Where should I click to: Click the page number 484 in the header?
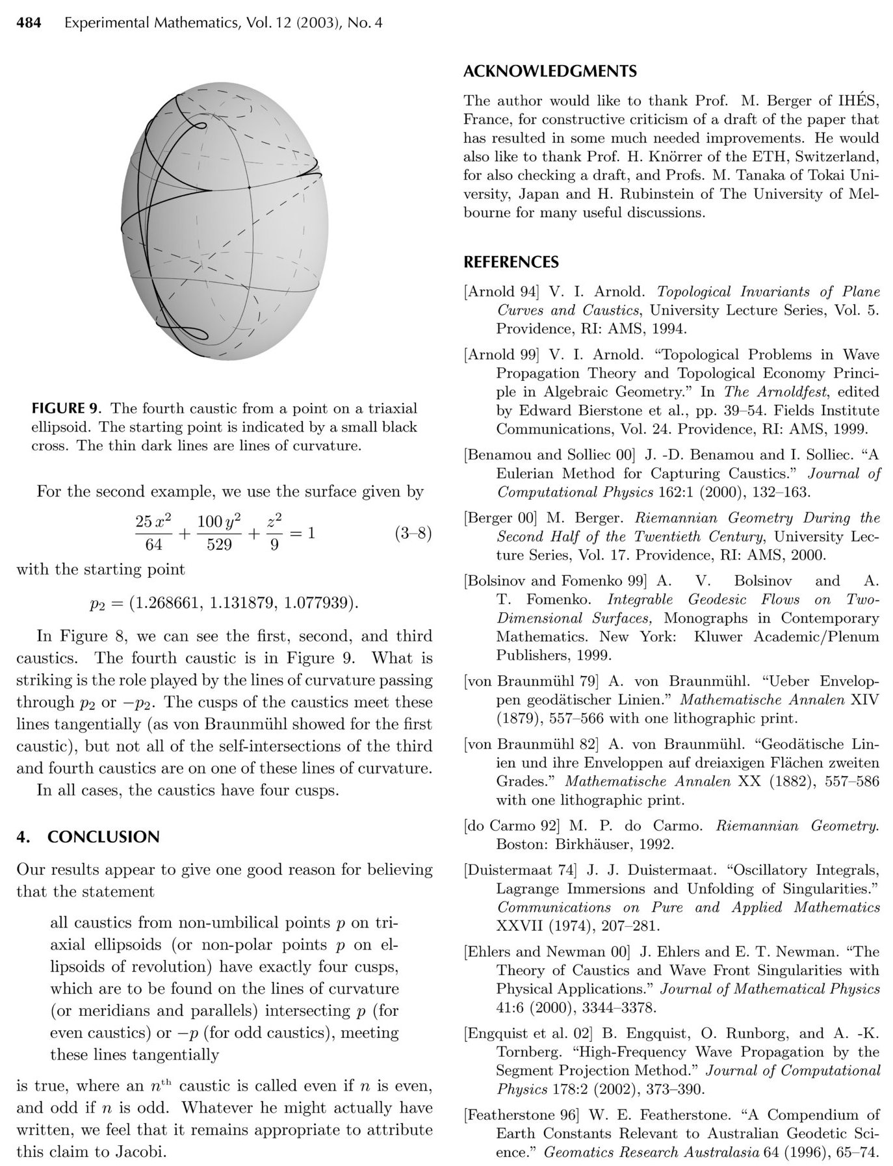coord(29,23)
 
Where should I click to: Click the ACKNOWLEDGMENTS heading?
coord(550,71)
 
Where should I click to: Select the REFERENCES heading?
coord(511,263)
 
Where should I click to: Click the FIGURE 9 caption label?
coord(67,409)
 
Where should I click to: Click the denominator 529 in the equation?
coord(219,545)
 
